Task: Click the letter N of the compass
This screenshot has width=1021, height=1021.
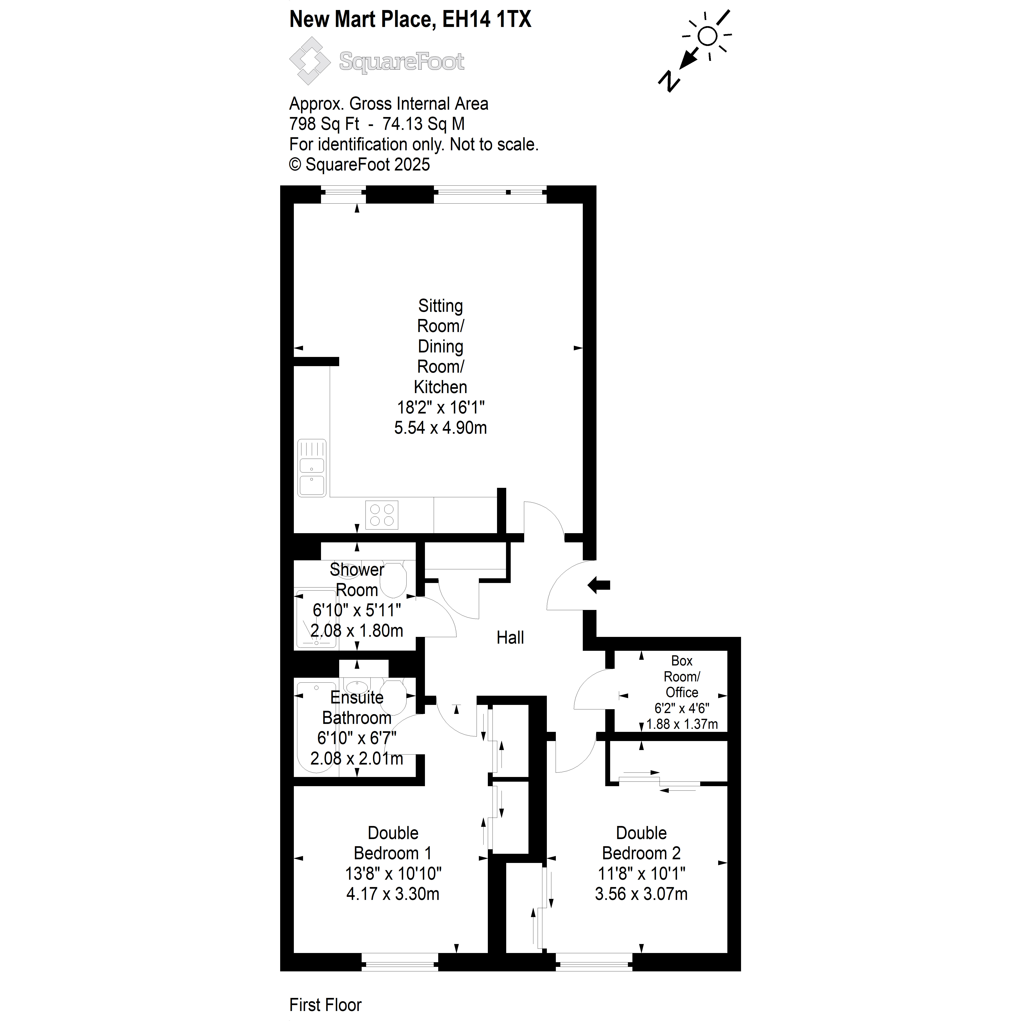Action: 670,81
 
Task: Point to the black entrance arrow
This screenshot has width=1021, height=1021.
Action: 599,585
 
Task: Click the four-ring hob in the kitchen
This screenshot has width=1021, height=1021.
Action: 382,515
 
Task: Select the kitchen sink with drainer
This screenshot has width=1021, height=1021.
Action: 312,468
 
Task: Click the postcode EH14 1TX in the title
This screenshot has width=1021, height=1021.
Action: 486,20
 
